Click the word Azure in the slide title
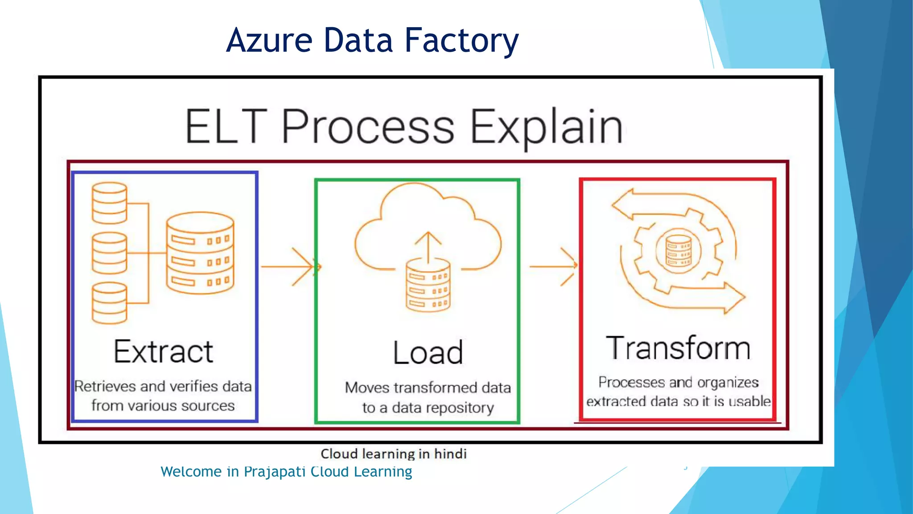[x=269, y=40]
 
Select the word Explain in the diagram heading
[x=546, y=128]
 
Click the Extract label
[x=163, y=352]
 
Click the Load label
[x=428, y=353]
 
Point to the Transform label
[x=678, y=348]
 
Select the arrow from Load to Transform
[x=553, y=266]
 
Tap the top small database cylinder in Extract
[x=109, y=203]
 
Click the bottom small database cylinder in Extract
[x=109, y=303]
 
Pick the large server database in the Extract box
[x=200, y=253]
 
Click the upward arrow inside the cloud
[x=428, y=247]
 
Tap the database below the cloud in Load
[x=428, y=286]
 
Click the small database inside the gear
[x=678, y=251]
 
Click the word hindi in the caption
[x=450, y=454]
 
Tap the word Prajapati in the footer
[x=275, y=472]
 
